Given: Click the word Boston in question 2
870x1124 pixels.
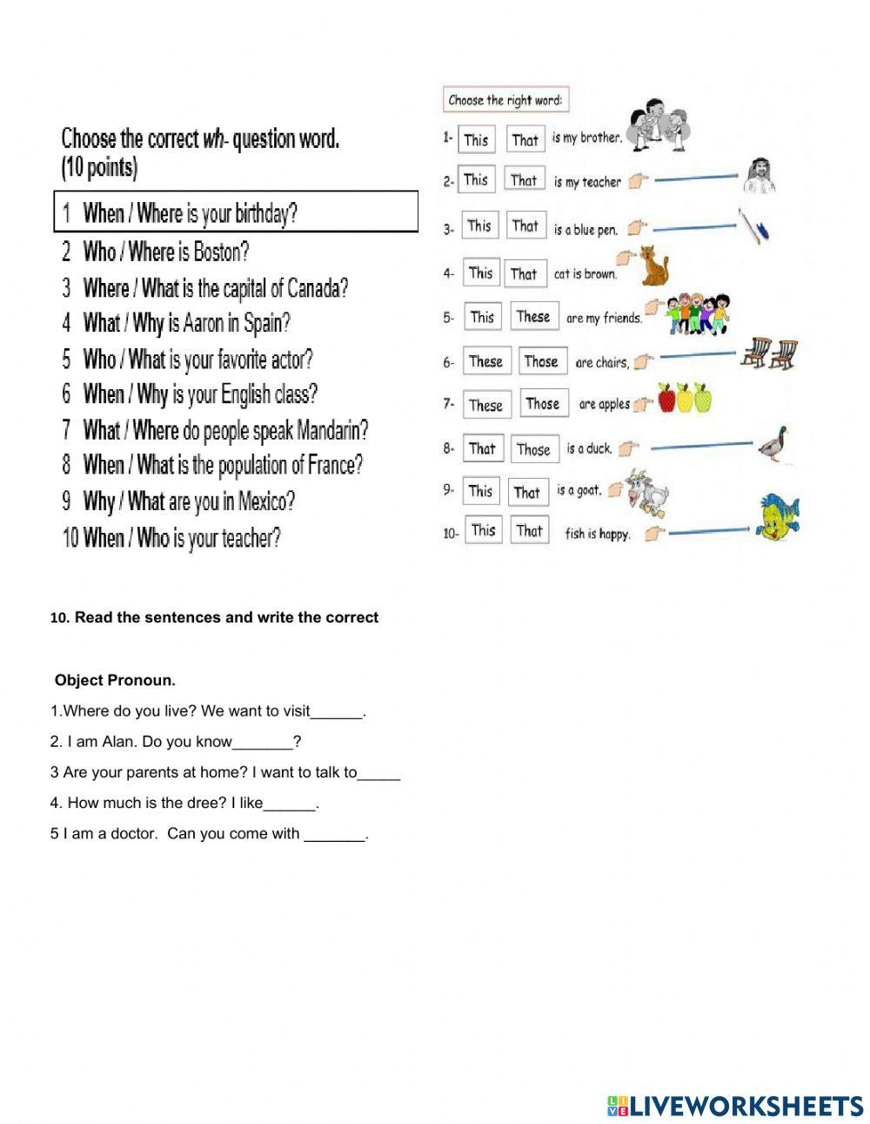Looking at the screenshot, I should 221,252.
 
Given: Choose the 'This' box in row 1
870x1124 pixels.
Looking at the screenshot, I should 476,140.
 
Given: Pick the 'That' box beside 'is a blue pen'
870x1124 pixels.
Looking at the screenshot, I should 525,226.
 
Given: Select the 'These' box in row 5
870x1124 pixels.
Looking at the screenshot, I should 533,317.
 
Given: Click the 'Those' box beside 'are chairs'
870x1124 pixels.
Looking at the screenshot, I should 540,361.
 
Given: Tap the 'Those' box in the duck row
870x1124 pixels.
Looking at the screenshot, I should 532,449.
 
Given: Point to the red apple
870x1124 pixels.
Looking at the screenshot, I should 667,399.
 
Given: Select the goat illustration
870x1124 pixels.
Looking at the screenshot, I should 647,493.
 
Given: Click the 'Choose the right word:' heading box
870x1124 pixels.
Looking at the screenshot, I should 505,100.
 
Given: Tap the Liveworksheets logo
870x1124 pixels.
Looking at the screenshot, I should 736,1106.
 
